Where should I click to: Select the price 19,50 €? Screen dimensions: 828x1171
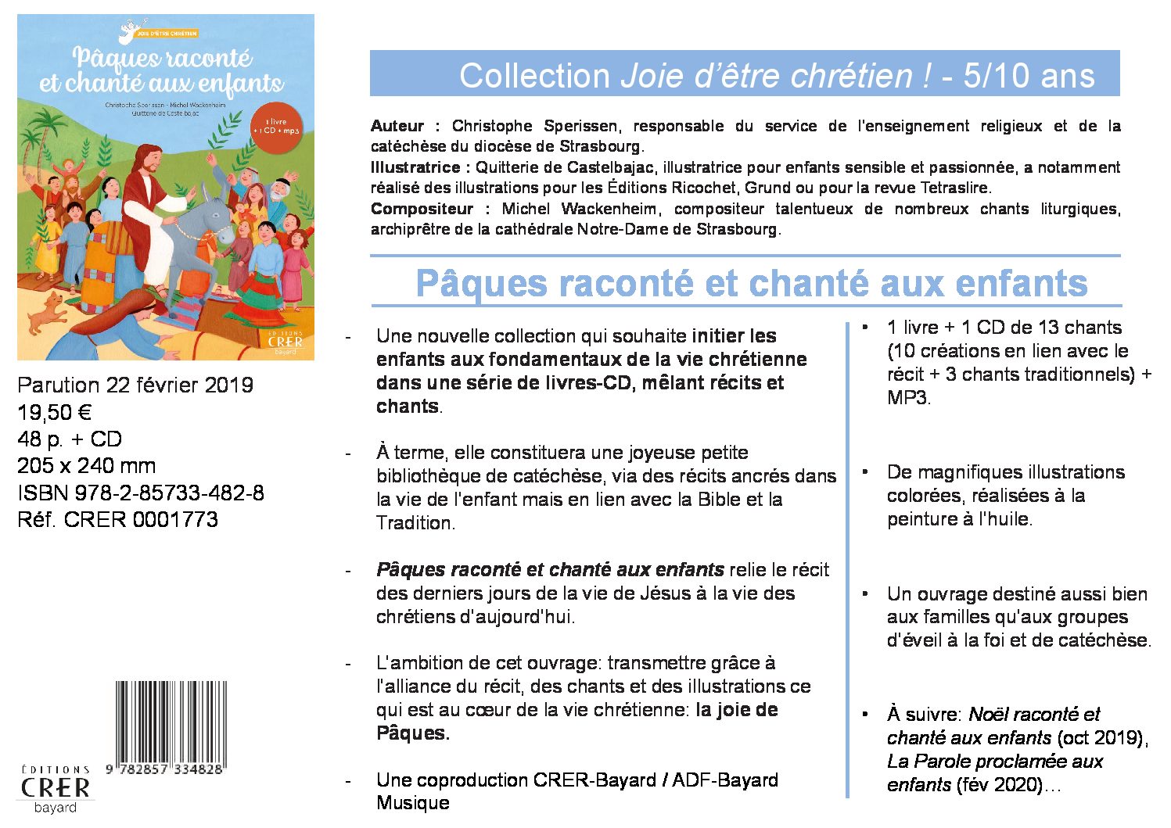point(55,412)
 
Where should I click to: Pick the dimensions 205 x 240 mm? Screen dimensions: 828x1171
point(86,466)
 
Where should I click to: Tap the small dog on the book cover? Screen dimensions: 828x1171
point(48,311)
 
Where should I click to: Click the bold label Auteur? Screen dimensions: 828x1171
point(397,126)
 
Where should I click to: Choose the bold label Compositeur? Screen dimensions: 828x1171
point(422,209)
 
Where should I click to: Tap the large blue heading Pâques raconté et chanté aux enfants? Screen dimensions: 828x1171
point(751,282)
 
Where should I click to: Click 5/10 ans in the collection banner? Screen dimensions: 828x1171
point(1029,76)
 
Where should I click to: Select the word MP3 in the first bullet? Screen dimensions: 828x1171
point(907,397)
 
